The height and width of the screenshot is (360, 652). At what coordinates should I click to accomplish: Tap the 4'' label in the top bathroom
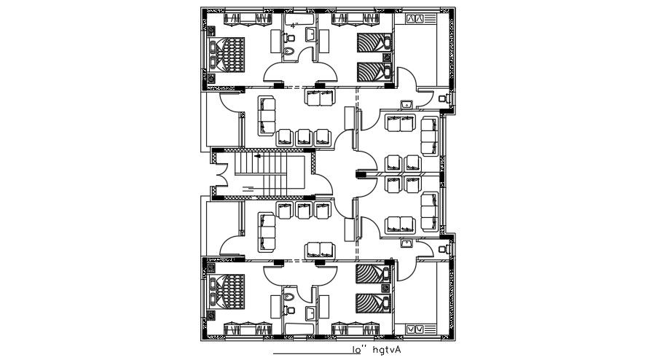(294, 26)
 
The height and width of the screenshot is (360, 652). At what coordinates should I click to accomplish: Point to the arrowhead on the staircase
(257, 155)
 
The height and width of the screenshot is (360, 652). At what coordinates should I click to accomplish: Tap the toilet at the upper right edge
(445, 97)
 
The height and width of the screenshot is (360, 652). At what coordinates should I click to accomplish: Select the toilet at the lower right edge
(445, 249)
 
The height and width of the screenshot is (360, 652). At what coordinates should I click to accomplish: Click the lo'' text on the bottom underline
(358, 351)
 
